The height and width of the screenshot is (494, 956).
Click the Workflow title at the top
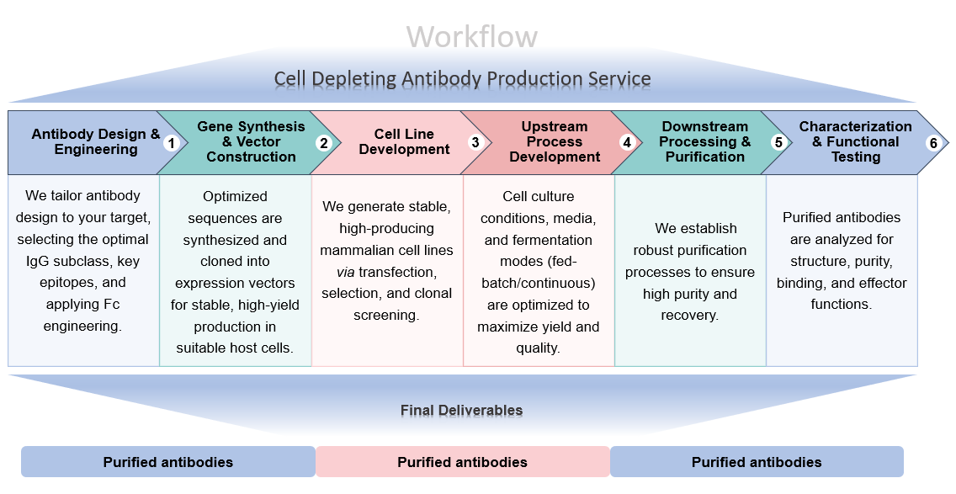pos(471,37)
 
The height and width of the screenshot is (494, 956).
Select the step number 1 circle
pos(172,143)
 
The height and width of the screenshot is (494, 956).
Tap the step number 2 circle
pos(323,143)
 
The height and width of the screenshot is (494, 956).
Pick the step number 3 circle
pos(475,143)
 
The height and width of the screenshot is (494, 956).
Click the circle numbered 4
pos(626,143)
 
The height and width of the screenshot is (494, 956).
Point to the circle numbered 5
pos(778,143)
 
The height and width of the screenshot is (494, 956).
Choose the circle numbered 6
pos(932,143)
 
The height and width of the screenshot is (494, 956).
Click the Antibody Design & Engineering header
pos(95,141)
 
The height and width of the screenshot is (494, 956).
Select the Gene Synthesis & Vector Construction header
pos(251,141)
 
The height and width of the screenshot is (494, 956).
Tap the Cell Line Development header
pos(404,141)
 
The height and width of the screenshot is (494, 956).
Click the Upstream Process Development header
pos(555,141)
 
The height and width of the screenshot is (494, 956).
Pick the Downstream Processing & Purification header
pos(705,141)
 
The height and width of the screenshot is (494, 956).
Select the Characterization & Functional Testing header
pos(855,141)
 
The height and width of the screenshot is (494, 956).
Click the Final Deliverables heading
pos(461,411)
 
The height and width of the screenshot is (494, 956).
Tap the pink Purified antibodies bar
pos(462,462)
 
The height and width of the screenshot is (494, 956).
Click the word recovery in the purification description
pos(689,316)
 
